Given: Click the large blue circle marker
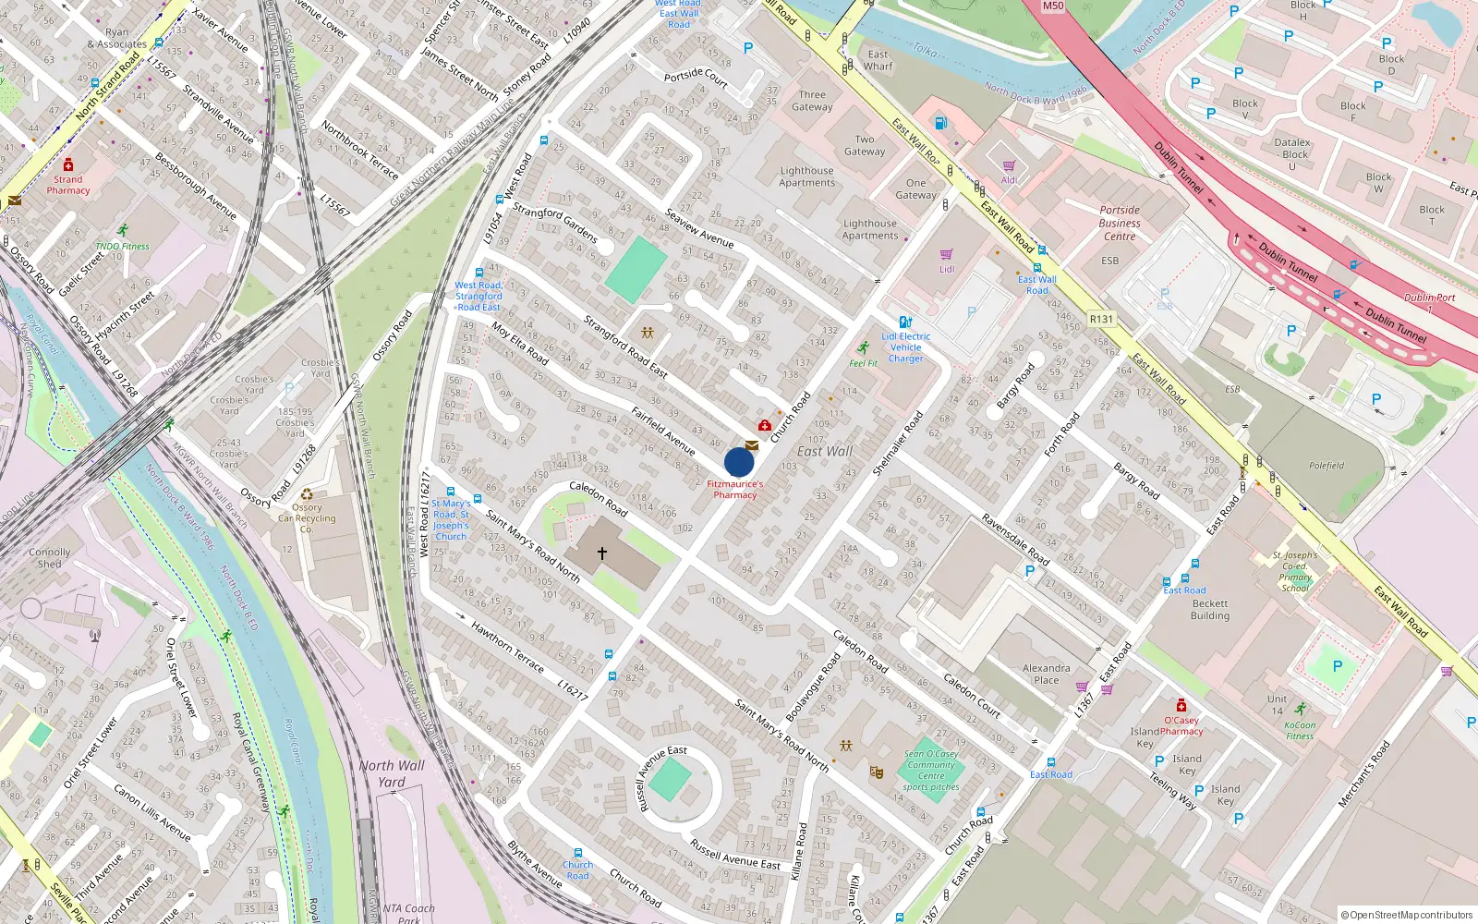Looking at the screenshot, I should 739,462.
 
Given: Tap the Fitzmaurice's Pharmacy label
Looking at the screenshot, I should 735,490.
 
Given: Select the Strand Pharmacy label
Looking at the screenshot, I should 68,185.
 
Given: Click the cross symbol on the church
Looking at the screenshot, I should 602,553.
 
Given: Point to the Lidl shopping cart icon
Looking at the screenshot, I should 947,254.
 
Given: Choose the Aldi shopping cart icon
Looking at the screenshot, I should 1009,166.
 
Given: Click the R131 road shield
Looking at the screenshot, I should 1101,319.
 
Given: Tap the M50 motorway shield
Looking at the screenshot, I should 1053,6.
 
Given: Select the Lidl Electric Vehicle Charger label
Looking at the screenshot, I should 905,347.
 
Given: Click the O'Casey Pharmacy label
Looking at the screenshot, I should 1181,725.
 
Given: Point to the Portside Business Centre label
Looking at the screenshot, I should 1120,223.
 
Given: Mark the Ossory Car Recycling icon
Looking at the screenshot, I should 307,494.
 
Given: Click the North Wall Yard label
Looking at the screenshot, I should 392,773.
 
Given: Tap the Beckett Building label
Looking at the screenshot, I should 1210,610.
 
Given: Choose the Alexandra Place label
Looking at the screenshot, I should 1047,674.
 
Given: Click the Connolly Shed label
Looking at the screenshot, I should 50,558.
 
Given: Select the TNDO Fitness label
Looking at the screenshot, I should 122,247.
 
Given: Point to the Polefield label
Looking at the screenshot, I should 1327,466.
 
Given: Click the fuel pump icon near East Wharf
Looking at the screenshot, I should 940,123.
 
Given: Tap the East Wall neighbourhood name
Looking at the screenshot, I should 825,451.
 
